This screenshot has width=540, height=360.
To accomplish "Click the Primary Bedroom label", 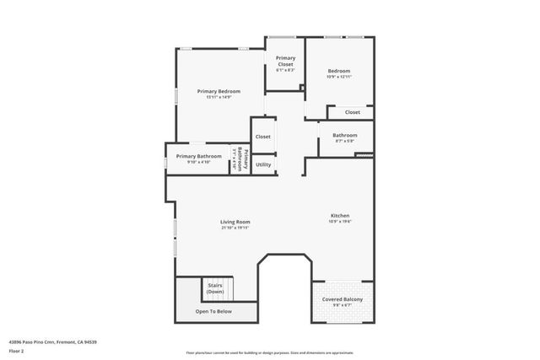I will point(219,91).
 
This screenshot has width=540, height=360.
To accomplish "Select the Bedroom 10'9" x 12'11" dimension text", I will point(338,77).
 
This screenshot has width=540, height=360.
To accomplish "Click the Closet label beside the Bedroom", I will point(352,112).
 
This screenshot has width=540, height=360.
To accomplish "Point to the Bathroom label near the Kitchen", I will point(344,135).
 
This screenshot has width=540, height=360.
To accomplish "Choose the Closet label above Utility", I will point(263,137).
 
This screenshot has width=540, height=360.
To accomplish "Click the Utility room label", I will point(263,164).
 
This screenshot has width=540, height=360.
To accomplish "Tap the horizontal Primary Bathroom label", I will point(199,156).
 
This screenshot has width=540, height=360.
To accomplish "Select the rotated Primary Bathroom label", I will point(242,160).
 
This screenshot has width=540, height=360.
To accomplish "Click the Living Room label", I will point(235,222).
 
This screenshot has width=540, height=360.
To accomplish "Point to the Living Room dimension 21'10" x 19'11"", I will point(235,228).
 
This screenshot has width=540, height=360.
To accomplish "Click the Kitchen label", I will point(339,216).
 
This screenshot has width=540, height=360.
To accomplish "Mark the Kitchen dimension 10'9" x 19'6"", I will point(339,222).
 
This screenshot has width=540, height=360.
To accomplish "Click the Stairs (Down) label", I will point(215,288).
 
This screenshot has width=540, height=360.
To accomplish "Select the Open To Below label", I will point(213,311).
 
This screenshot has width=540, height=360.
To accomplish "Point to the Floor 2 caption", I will point(17,350).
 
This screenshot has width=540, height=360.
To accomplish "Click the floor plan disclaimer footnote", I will point(270,352).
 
